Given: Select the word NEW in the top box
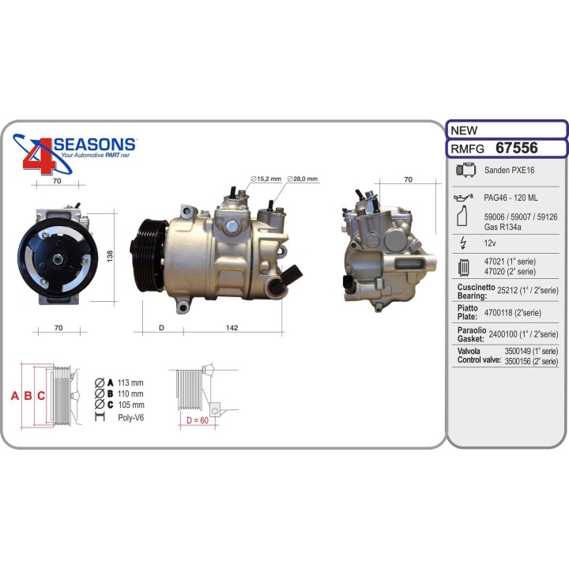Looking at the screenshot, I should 463,130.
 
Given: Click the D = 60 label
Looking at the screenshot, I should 197,420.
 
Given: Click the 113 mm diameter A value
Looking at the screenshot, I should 130,382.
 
